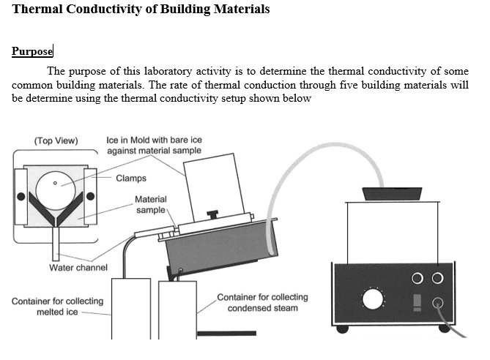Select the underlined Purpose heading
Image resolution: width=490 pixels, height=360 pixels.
(32, 51)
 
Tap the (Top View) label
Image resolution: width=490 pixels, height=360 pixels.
(56, 140)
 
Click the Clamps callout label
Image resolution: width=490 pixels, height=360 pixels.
(131, 178)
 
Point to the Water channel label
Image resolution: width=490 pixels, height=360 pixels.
(78, 268)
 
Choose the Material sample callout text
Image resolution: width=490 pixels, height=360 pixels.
(151, 204)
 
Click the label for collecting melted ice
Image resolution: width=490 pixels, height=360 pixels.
(57, 307)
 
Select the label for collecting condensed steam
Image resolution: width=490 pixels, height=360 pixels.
(262, 303)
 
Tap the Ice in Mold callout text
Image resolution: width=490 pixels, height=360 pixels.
(153, 145)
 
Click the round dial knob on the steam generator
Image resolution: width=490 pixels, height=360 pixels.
(372, 300)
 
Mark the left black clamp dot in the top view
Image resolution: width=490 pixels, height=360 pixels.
(22, 196)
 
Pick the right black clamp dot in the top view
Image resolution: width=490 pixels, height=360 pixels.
(91, 196)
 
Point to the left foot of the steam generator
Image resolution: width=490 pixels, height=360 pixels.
(342, 329)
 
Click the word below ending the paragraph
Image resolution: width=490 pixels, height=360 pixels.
(297, 100)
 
